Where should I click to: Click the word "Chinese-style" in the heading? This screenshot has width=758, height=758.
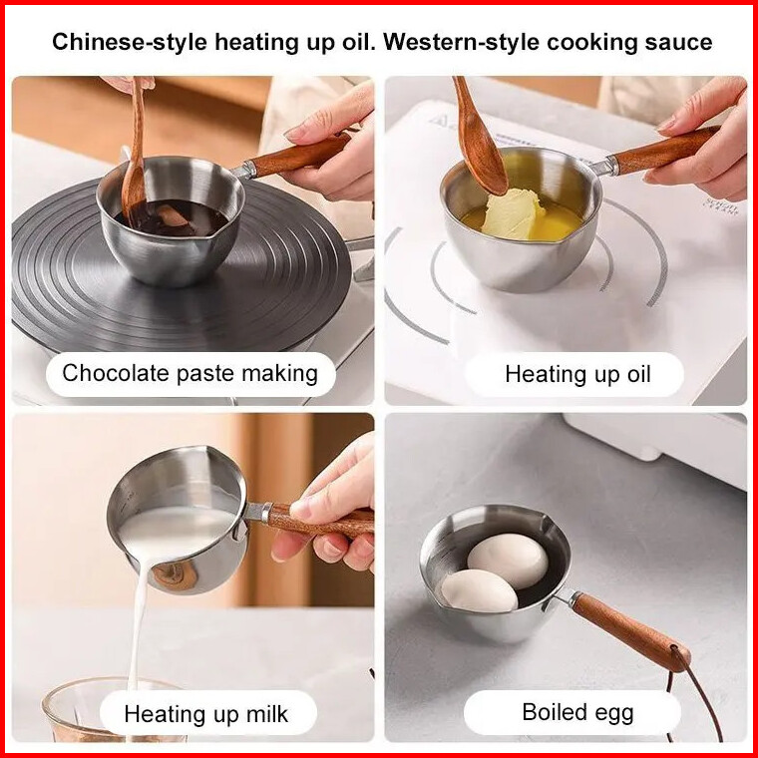130,43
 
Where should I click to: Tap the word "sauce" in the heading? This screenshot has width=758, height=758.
678,43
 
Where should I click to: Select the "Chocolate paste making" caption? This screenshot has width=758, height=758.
189,374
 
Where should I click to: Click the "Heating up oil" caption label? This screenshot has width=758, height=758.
577,375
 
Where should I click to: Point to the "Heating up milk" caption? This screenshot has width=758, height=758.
206,714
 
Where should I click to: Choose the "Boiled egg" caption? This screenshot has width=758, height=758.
577,712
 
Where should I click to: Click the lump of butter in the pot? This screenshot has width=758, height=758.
513,214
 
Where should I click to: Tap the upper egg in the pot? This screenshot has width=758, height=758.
508,561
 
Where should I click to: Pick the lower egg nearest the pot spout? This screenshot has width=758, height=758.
479,590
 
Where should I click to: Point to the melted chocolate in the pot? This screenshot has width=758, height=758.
173,218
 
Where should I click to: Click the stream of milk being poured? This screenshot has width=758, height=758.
138,623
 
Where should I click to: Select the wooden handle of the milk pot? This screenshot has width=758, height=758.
319,521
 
